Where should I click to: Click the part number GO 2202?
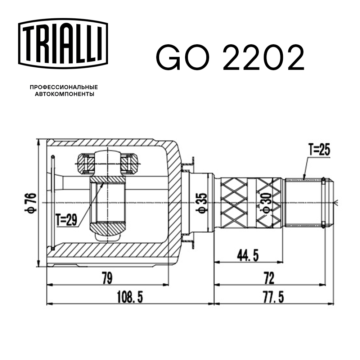(230, 58)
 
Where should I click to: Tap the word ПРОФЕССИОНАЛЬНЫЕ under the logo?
(64, 87)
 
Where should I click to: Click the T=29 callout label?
(67, 219)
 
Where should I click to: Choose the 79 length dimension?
(107, 278)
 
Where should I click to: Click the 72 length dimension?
(269, 278)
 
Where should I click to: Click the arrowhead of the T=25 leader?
(304, 178)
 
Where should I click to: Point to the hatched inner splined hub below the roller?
(108, 228)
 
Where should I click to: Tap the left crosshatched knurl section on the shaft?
(234, 203)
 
